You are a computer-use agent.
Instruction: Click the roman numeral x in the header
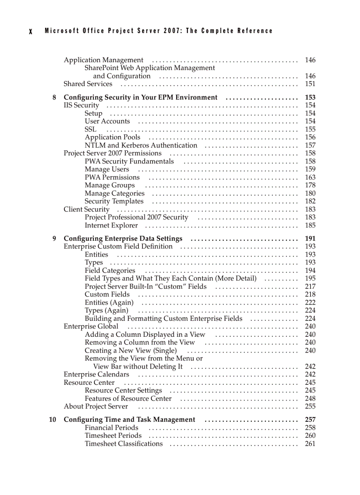[30, 31]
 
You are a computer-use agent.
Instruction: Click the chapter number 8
[54, 97]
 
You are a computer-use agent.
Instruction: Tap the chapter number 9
[54, 239]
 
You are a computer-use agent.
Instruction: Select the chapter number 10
[52, 420]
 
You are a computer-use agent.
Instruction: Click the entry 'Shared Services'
[88, 84]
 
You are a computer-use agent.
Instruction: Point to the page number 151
[310, 84]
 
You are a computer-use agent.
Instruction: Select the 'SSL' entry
[90, 130]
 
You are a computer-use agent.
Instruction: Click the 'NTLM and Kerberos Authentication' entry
[141, 145]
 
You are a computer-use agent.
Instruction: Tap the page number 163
[310, 178]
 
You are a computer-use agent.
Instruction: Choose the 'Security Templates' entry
[114, 201]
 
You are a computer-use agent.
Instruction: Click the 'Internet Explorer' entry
[111, 226]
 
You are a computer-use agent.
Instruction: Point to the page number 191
[310, 239]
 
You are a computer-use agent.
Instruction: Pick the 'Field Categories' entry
[110, 271]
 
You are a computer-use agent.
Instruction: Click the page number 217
[310, 287]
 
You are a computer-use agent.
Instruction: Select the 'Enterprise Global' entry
[91, 327]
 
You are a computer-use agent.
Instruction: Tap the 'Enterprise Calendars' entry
[96, 375]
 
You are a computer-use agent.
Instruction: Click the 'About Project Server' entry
[96, 407]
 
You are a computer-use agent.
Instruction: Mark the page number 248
[310, 399]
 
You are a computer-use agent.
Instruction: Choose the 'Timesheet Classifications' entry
[124, 444]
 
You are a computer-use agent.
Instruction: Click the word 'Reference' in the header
[255, 31]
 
